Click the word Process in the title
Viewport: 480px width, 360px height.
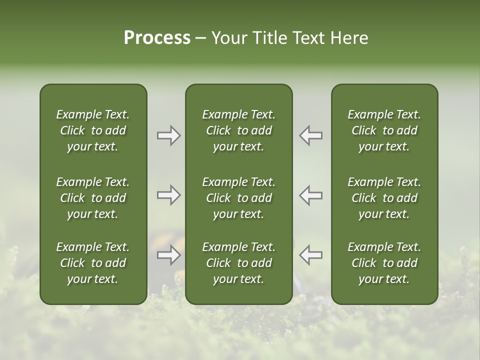click(157, 38)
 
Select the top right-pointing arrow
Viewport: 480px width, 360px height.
click(169, 135)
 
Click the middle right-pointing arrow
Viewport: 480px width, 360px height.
click(169, 195)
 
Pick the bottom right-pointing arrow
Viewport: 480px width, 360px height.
click(169, 255)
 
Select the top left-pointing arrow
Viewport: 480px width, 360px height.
click(310, 135)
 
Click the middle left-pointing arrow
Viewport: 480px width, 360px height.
click(310, 195)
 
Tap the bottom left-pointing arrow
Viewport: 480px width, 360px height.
click(310, 255)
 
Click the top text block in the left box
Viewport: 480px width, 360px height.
click(93, 130)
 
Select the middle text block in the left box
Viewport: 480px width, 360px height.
click(93, 198)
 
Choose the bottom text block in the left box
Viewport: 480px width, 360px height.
click(93, 263)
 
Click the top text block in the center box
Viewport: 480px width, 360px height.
click(238, 130)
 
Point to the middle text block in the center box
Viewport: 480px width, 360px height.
click(238, 198)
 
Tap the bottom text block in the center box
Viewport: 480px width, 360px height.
click(238, 263)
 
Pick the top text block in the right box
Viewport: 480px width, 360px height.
click(384, 130)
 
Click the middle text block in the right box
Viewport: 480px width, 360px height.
click(384, 198)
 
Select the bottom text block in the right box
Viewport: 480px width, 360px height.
click(384, 263)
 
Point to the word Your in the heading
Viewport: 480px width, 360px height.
click(228, 38)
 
